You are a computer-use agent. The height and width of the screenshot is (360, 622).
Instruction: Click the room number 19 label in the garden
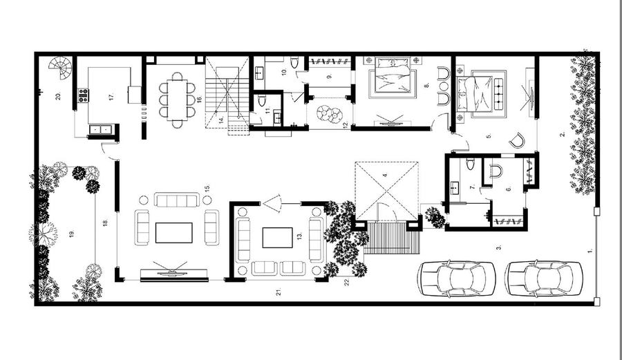click(x=71, y=234)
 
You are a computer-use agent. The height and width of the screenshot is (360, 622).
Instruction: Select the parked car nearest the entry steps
click(x=457, y=278)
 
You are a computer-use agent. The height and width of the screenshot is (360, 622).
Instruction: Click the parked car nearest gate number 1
click(x=543, y=278)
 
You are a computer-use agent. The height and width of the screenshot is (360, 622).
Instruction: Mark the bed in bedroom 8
click(x=391, y=81)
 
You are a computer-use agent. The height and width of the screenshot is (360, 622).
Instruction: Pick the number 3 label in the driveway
click(x=498, y=245)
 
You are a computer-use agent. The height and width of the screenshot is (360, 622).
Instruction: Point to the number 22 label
click(x=348, y=281)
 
